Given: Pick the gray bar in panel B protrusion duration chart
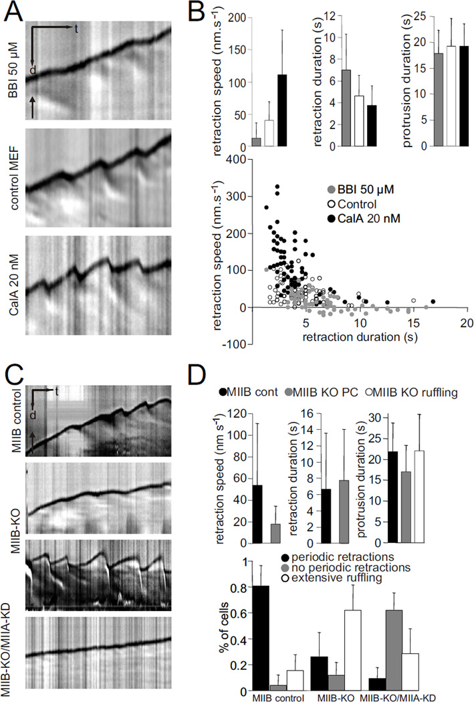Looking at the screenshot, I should pyautogui.click(x=421, y=100).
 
